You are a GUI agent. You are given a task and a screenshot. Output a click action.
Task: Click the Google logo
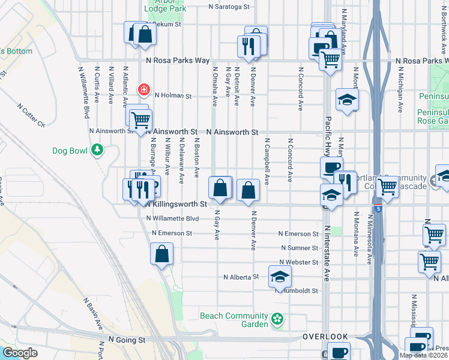click(x=19, y=353)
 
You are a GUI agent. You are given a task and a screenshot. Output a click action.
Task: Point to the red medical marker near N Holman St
click(x=144, y=90)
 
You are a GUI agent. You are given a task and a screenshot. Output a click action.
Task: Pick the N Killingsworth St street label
click(x=176, y=204)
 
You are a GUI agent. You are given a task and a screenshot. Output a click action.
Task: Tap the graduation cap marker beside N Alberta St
click(x=280, y=276)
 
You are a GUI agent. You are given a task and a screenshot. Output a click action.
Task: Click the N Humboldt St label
click(x=300, y=290)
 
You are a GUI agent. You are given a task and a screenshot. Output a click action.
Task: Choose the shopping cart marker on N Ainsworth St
click(x=140, y=120)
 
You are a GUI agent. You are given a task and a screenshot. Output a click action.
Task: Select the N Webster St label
click(x=298, y=262)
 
